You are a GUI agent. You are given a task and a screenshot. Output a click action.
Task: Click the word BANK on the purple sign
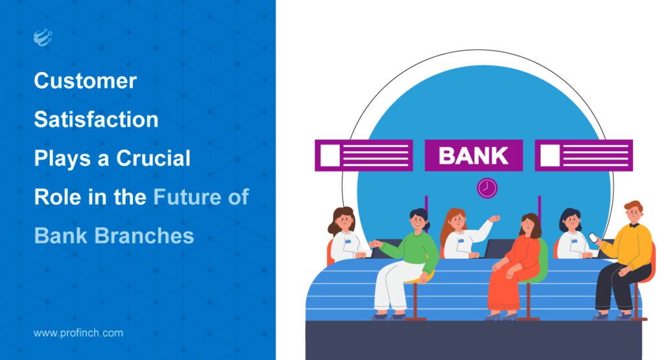[473, 156]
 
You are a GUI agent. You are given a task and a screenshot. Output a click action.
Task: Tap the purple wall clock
[487, 188]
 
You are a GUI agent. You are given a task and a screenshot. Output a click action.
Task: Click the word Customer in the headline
[85, 81]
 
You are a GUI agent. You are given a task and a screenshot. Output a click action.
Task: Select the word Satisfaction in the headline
[96, 119]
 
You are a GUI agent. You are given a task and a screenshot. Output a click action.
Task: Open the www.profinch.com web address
[78, 333]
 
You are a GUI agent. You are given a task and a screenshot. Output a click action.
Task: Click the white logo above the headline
[42, 38]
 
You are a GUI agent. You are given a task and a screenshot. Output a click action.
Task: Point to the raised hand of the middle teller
[495, 219]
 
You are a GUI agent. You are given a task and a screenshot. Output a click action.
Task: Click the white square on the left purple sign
[329, 156]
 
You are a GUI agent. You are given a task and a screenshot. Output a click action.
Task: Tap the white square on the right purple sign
[550, 156]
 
